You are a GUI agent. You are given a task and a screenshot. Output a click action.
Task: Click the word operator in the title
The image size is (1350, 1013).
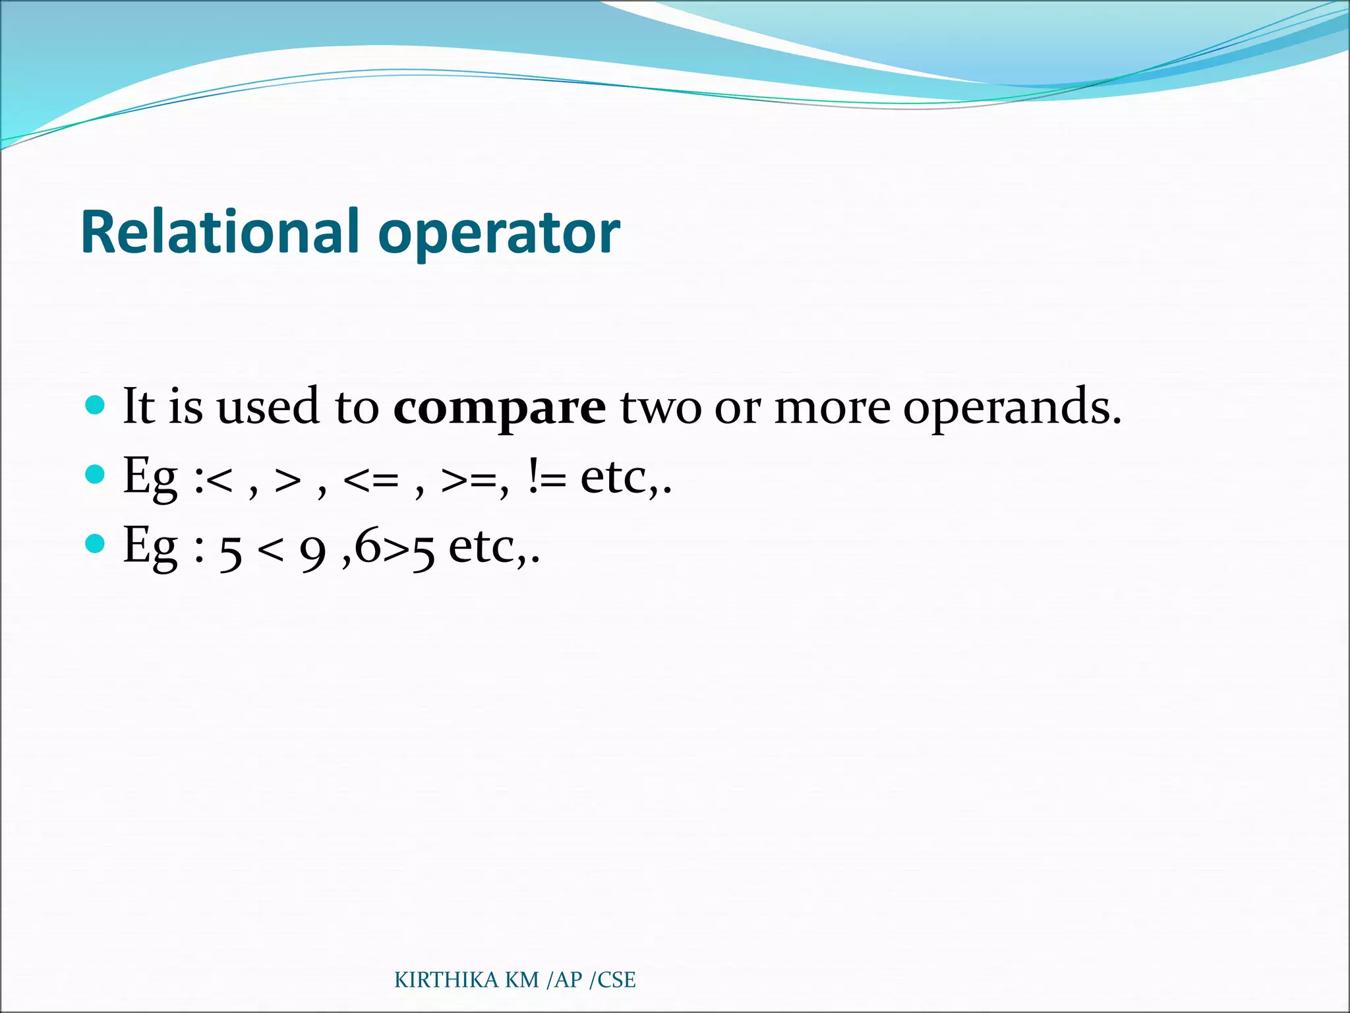(499, 233)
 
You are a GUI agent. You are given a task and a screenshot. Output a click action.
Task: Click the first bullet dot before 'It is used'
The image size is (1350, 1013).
(96, 404)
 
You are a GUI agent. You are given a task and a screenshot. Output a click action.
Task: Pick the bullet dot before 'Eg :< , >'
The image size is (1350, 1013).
(96, 474)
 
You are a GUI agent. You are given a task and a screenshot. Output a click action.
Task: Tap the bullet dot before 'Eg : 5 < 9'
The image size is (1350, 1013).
(96, 544)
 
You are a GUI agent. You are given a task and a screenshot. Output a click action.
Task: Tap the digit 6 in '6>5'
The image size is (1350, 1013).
(368, 546)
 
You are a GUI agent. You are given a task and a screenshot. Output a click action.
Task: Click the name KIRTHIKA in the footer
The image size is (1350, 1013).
(446, 981)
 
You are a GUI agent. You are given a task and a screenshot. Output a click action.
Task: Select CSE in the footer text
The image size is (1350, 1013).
(616, 981)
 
